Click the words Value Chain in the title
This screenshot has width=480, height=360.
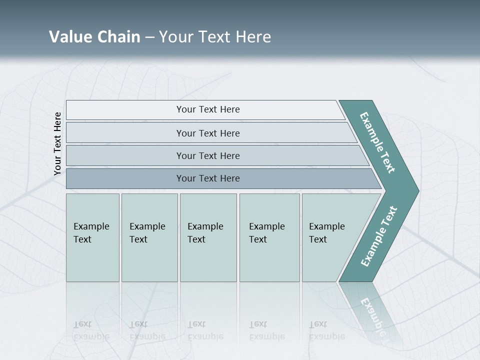[x=94, y=37]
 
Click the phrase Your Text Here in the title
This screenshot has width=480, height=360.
[x=215, y=37]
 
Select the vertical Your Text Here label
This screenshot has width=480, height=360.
[x=57, y=143]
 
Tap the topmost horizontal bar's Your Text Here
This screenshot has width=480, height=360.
[x=208, y=109]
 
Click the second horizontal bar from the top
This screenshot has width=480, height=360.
[x=208, y=133]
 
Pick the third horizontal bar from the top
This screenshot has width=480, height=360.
[x=208, y=155]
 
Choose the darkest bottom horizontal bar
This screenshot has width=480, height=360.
[x=208, y=178]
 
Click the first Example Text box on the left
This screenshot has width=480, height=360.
[x=92, y=237]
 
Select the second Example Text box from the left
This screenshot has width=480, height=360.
[x=149, y=237]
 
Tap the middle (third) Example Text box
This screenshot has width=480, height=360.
[x=207, y=237]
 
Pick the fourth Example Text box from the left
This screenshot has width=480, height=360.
[x=269, y=237]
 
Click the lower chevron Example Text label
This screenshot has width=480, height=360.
[x=378, y=236]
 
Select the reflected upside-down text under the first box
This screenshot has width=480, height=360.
[x=91, y=330]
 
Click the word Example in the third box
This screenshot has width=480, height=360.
[x=205, y=226]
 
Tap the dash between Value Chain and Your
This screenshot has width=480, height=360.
[x=149, y=37]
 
